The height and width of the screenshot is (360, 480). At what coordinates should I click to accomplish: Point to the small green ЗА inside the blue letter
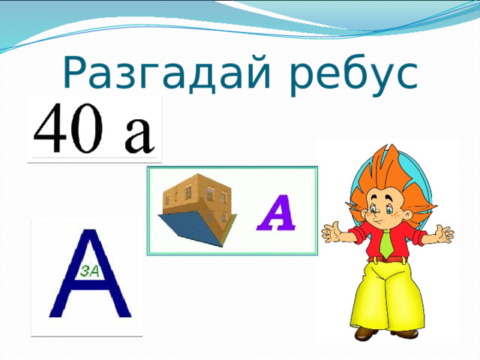tap(88, 271)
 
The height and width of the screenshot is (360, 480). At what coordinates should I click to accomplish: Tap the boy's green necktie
tap(386, 241)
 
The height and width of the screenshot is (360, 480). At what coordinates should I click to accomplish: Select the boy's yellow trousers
tap(386, 296)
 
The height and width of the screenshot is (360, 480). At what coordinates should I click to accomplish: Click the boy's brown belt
tap(387, 259)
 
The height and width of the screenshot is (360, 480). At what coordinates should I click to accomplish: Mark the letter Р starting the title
tap(77, 72)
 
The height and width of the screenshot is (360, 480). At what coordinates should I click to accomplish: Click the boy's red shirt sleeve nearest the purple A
tap(355, 238)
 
